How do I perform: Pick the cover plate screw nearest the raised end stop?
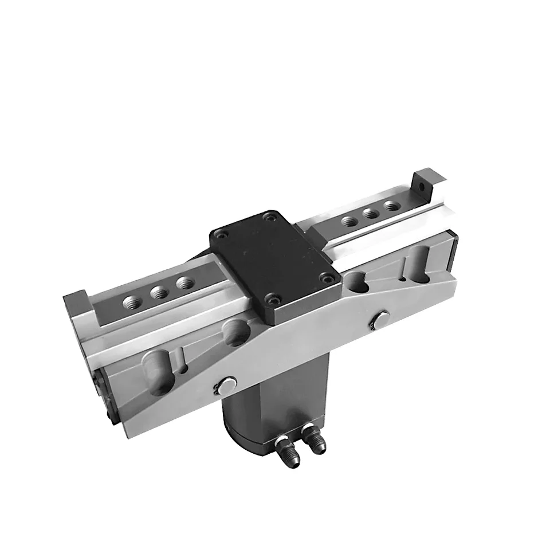(x=268, y=217)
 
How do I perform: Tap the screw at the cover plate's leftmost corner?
(x=223, y=234)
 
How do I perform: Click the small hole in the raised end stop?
(x=422, y=186)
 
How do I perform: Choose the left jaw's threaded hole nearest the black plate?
(x=184, y=282)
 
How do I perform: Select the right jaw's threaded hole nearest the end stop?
(x=391, y=205)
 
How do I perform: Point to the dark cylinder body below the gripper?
(x=269, y=401)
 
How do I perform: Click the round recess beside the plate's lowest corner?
(x=236, y=332)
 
